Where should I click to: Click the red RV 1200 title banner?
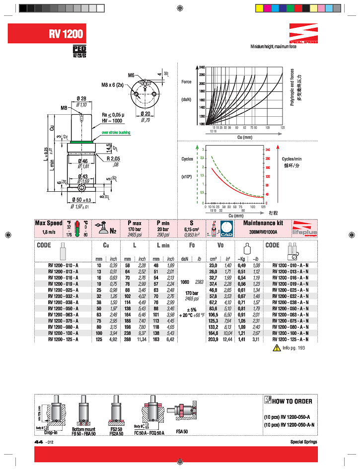pyautogui.click(x=67, y=34)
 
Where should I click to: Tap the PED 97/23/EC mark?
pyautogui.click(x=79, y=52)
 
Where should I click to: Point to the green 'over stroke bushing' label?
pyautogui.click(x=116, y=133)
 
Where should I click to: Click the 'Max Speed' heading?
pyautogui.click(x=48, y=223)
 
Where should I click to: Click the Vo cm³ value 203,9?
pyautogui.click(x=211, y=339)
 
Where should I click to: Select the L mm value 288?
pyautogui.click(x=128, y=339)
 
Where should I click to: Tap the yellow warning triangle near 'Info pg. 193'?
pyautogui.click(x=277, y=348)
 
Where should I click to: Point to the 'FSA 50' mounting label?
pyautogui.click(x=182, y=431)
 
